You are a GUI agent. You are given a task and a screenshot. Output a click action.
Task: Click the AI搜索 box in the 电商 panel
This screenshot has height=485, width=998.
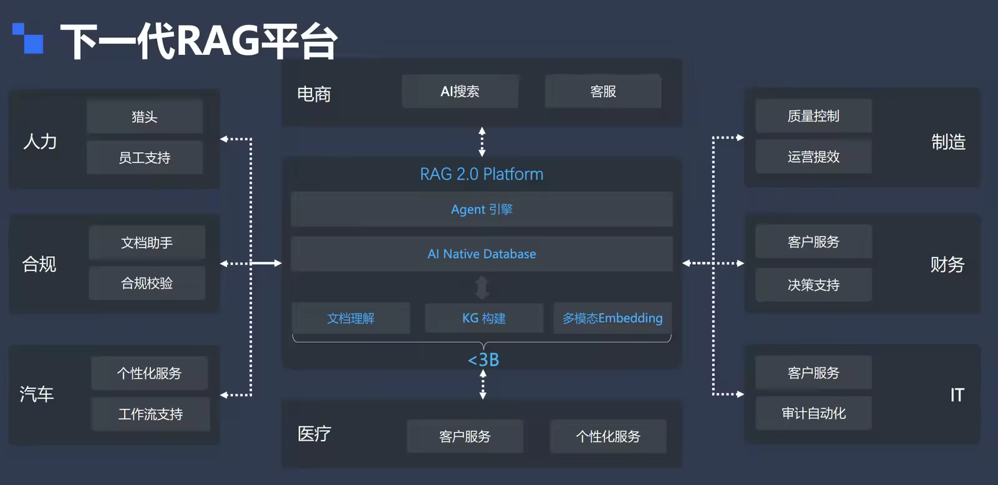[460, 91]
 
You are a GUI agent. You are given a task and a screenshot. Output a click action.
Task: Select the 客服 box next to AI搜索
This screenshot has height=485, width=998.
[603, 91]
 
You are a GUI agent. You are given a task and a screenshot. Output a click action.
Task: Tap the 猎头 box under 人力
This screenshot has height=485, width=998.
[145, 117]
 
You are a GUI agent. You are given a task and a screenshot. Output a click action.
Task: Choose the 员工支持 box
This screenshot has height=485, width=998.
[145, 158]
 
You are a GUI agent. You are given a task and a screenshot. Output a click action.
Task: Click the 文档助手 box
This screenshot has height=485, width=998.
[147, 242]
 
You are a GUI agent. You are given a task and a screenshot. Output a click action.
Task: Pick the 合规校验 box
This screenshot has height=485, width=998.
[147, 283]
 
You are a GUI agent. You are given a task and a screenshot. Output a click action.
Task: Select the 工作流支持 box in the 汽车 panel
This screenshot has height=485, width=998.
[150, 414]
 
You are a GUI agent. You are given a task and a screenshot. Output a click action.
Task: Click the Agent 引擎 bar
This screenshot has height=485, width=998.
[482, 209]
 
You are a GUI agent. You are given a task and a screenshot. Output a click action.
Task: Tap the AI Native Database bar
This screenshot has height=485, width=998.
[482, 254]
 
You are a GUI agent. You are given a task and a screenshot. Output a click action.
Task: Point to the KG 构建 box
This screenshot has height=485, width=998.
[484, 318]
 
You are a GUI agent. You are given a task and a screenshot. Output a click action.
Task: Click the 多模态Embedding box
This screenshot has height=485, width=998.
[613, 318]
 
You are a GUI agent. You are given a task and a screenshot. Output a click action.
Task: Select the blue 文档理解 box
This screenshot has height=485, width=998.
[351, 318]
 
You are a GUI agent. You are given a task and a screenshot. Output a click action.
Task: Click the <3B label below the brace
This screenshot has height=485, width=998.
[483, 360]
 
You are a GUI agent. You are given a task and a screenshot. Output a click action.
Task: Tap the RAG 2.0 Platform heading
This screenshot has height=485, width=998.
[482, 174]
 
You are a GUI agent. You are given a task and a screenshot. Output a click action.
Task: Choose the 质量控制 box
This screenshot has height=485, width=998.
[813, 116]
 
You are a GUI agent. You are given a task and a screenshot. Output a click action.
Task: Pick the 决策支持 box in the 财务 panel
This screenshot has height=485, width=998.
[813, 285]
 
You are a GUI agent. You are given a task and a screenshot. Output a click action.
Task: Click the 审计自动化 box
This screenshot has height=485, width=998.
[813, 413]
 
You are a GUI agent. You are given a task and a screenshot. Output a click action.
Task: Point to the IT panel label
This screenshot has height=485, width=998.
[957, 395]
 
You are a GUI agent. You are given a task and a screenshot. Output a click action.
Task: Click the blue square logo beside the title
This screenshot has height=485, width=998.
[28, 38]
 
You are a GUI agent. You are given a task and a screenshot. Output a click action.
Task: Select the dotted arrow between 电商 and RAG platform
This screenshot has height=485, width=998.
[482, 142]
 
